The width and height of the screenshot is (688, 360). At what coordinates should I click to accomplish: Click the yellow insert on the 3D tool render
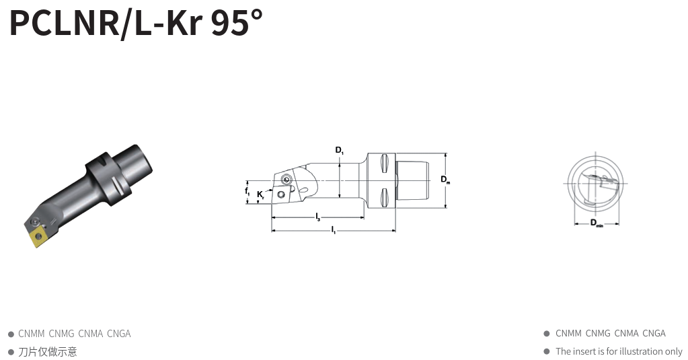pyautogui.click(x=36, y=237)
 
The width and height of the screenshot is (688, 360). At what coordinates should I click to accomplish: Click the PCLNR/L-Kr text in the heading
pyautogui.click(x=106, y=22)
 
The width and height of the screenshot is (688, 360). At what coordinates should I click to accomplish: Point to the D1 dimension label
pyautogui.click(x=340, y=150)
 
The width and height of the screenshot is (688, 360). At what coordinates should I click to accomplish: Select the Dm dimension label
pyautogui.click(x=445, y=180)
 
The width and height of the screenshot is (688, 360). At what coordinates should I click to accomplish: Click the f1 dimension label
pyautogui.click(x=247, y=191)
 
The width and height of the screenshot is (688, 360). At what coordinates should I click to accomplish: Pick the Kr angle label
pyautogui.click(x=261, y=194)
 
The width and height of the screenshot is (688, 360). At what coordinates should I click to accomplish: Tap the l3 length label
pyautogui.click(x=318, y=217)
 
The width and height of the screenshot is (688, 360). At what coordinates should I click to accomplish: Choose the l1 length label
pyautogui.click(x=334, y=229)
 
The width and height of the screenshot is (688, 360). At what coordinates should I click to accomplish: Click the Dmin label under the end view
pyautogui.click(x=597, y=223)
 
